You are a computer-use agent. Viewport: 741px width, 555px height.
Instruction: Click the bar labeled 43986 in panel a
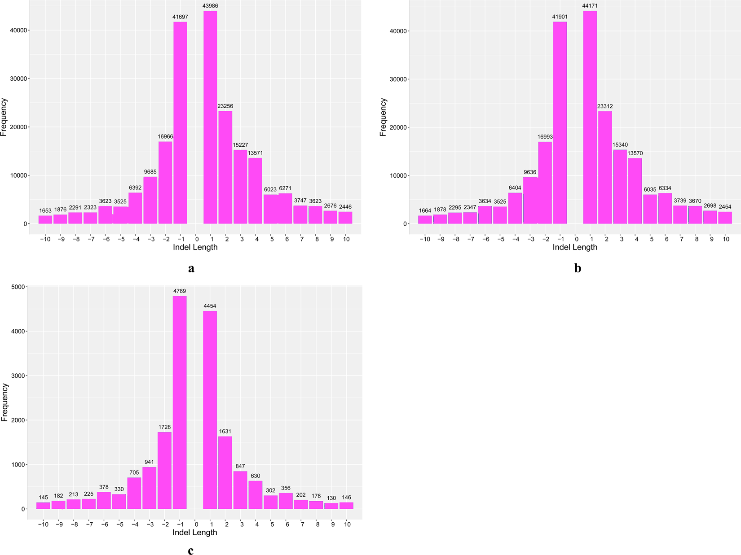point(210,117)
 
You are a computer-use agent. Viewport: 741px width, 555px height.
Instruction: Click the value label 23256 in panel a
point(225,106)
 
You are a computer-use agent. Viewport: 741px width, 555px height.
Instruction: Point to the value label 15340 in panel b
point(620,145)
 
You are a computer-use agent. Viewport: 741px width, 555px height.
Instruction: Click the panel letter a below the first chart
point(191,268)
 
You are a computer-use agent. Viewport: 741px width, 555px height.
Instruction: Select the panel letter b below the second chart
point(578,268)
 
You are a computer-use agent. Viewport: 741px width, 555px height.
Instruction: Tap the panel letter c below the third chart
point(191,551)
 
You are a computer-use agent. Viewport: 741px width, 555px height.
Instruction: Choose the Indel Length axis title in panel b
point(574,247)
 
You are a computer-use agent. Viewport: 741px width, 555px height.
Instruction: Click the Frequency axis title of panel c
point(4,402)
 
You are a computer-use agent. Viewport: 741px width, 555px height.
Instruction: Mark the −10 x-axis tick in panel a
point(45,239)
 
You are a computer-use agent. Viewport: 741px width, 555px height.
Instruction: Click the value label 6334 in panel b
point(665,188)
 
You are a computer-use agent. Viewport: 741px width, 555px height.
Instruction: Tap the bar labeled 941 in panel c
point(150,487)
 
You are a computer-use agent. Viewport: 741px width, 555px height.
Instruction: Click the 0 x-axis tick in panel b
point(576,239)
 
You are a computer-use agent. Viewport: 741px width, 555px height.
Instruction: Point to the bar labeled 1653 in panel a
point(45,219)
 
